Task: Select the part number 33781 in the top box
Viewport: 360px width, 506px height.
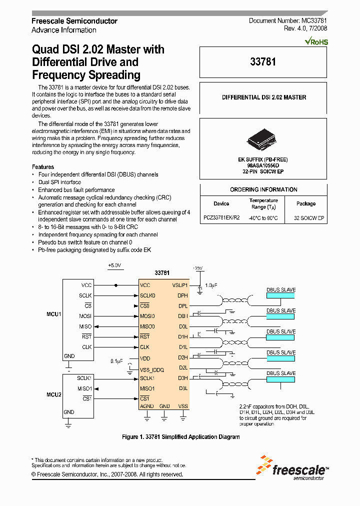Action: point(263,62)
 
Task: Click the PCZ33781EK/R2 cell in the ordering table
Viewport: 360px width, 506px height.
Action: point(221,218)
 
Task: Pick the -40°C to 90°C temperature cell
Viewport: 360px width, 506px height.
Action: point(263,218)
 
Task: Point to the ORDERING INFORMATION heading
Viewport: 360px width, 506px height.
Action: point(263,189)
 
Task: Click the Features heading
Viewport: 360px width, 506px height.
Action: point(43,167)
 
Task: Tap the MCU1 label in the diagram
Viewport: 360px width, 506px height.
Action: point(54,315)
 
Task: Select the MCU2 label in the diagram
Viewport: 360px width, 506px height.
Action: point(54,394)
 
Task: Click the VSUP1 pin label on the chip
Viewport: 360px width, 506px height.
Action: point(179,285)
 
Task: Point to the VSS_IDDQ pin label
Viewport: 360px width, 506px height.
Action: point(152,370)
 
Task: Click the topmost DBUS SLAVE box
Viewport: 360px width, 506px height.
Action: point(281,293)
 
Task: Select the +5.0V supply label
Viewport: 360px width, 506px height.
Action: point(114,265)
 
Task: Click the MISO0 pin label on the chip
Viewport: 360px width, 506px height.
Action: point(147,326)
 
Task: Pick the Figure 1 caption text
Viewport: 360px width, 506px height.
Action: point(181,437)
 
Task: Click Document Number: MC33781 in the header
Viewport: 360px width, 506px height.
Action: point(288,21)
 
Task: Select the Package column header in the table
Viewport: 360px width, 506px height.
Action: point(306,203)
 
